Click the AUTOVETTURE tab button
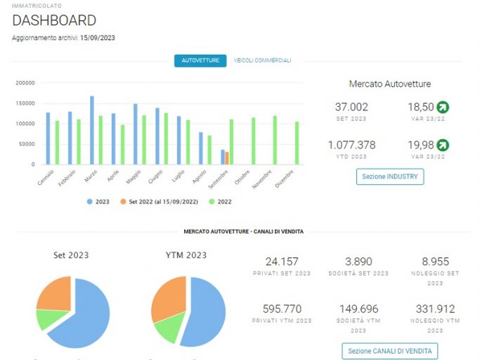[x=200, y=60]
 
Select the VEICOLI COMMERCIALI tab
[x=262, y=60]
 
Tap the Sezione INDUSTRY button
[x=390, y=176]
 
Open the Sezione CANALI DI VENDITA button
[x=390, y=351]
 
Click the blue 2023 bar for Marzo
[x=92, y=130]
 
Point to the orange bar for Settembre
[x=227, y=158]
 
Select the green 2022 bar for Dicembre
[x=297, y=143]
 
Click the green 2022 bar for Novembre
[x=275, y=140]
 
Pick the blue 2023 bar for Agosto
[x=201, y=148]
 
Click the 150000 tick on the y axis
[x=25, y=103]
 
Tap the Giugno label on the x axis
[x=155, y=176]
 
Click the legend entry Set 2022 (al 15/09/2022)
[x=160, y=202]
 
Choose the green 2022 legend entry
[x=220, y=202]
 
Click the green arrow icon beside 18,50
[x=443, y=107]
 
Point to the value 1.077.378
[x=351, y=145]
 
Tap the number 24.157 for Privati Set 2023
[x=282, y=262]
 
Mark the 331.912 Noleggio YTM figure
[x=435, y=309]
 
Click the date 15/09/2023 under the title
[x=98, y=38]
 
